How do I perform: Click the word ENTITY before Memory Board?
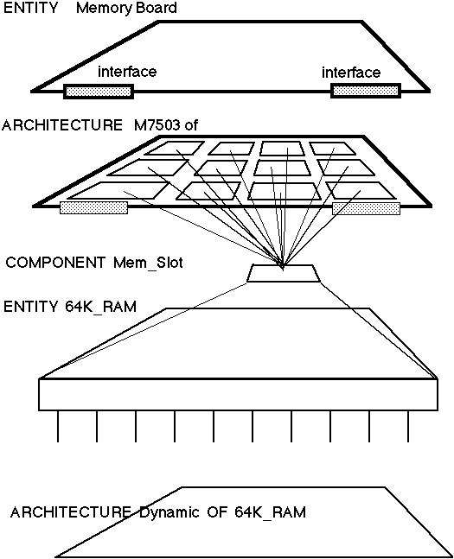click(30, 8)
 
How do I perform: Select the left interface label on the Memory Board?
click(127, 72)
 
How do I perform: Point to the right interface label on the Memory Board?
click(351, 73)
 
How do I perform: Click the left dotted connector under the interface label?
click(99, 92)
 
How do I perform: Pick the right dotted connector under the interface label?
click(366, 91)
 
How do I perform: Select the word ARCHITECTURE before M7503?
click(62, 125)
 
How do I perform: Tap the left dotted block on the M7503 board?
click(94, 208)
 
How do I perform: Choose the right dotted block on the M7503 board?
click(366, 208)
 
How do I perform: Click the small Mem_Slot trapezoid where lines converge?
click(285, 273)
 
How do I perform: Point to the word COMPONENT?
click(55, 263)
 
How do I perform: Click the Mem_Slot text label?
click(148, 264)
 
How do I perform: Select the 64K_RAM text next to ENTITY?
click(100, 307)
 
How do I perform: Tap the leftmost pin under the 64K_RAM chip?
click(58, 426)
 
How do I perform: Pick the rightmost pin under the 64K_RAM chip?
click(408, 426)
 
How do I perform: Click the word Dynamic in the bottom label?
click(169, 512)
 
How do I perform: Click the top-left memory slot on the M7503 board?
click(175, 149)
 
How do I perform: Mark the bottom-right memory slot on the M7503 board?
click(361, 190)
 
